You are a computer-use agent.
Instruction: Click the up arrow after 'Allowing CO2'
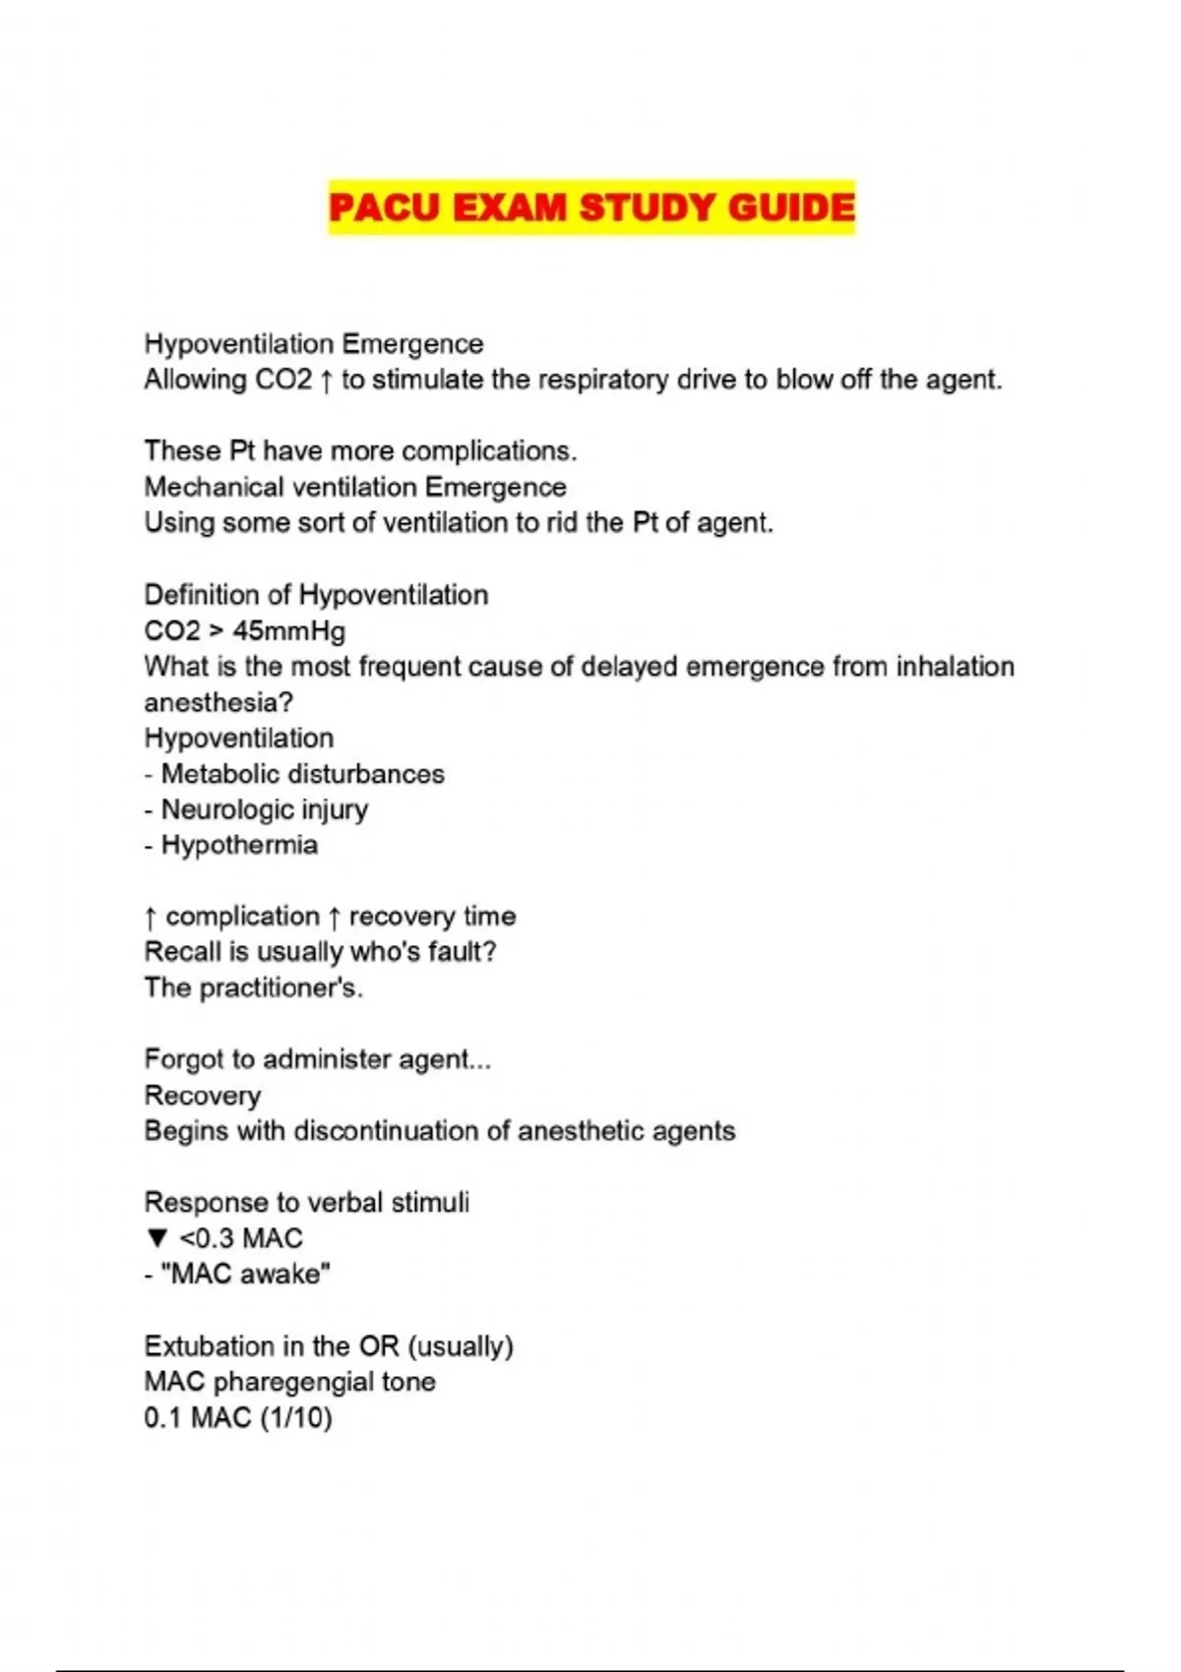coord(327,381)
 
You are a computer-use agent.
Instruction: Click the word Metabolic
coord(219,774)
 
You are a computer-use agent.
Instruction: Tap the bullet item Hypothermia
coord(239,845)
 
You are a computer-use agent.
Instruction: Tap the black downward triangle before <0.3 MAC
coord(156,1238)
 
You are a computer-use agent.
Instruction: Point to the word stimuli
coord(430,1202)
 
